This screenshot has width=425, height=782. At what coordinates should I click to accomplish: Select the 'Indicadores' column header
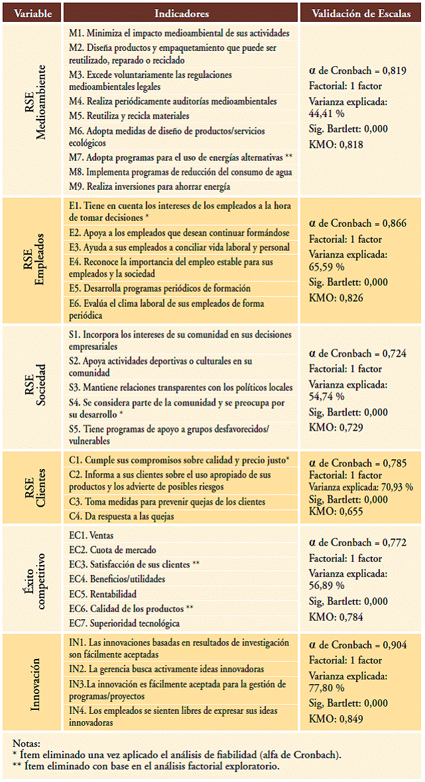click(181, 13)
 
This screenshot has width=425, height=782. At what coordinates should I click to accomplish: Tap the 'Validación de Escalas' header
click(361, 13)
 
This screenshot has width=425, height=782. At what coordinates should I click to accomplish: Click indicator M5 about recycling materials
click(120, 116)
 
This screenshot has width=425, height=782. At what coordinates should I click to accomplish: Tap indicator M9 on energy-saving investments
click(149, 187)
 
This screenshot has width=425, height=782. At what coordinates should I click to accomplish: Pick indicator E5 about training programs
click(160, 288)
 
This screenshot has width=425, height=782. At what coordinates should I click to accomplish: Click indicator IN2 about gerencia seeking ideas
click(166, 670)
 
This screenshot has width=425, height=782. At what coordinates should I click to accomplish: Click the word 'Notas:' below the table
click(26, 744)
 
